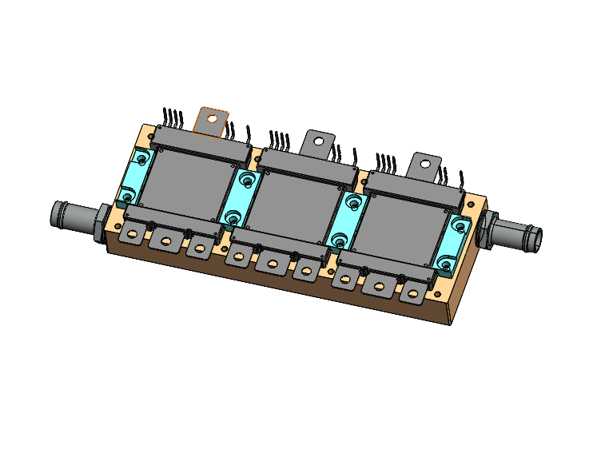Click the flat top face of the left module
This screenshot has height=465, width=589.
click(x=189, y=181)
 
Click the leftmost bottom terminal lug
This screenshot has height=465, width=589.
click(x=130, y=233)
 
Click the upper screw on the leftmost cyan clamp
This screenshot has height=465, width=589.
click(x=142, y=160)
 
